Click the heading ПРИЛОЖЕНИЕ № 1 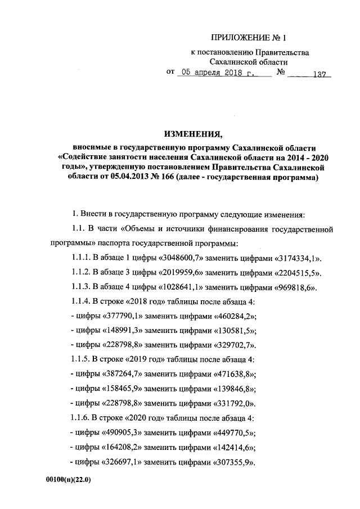(x=248, y=38)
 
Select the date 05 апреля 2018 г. (x=216, y=74)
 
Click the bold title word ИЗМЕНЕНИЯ (x=193, y=134)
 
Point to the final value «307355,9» (x=232, y=462)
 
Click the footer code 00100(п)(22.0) (x=67, y=481)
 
